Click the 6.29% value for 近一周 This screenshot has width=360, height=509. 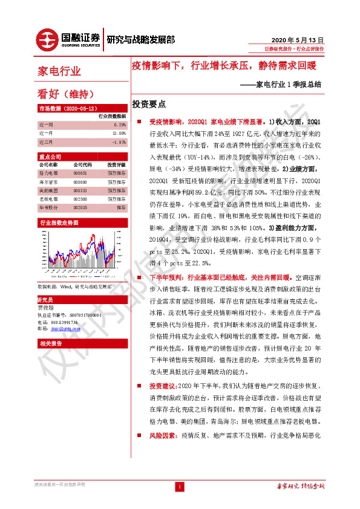[119, 125]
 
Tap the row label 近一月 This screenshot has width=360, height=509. [45, 133]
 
